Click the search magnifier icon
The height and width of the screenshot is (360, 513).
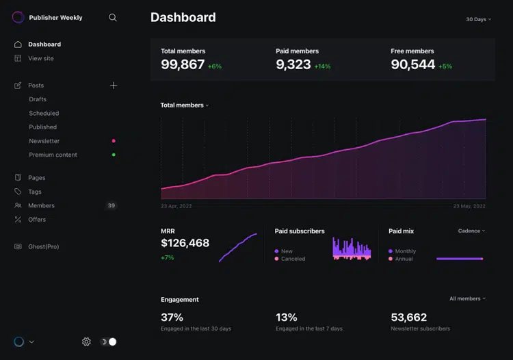113,18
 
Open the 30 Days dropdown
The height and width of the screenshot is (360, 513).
478,19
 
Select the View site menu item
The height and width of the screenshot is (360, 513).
41,58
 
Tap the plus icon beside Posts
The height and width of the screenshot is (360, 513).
114,86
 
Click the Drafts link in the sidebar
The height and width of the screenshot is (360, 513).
38,99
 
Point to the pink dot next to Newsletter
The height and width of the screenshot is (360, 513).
114,141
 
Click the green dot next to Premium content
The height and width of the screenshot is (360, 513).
114,155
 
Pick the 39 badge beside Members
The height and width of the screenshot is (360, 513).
111,205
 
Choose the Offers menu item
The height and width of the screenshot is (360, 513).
37,220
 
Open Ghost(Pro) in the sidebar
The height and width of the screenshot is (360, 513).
44,246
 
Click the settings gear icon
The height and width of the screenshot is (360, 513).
86,342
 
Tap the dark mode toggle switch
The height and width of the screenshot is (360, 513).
108,342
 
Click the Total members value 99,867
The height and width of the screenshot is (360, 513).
183,64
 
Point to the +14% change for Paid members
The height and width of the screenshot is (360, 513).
322,66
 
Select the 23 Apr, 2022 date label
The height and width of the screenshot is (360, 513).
176,206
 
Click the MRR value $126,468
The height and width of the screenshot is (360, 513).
185,243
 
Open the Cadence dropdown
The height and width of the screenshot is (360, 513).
471,231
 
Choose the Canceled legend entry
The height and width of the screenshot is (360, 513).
290,259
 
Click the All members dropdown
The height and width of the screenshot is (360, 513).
467,298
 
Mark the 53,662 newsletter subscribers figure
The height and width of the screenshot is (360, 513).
408,317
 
